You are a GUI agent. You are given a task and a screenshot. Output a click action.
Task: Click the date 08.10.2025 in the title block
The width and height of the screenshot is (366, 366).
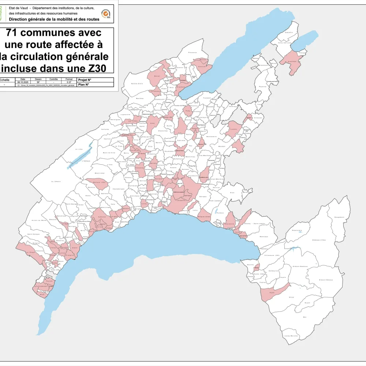(23, 82)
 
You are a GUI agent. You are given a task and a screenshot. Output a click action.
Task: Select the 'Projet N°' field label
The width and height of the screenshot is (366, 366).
(85, 80)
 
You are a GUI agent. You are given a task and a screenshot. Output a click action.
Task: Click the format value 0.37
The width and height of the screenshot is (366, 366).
(69, 82)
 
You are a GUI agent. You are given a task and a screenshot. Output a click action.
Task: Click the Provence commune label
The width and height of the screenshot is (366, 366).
(193, 52)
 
